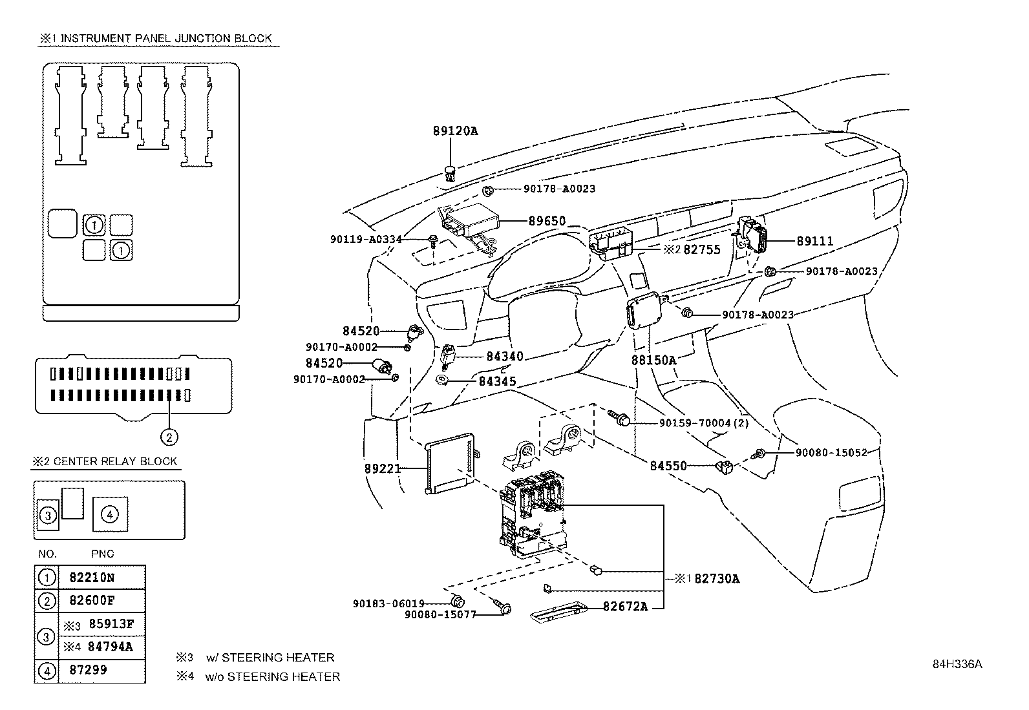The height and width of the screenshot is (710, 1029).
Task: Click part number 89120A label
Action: point(455,131)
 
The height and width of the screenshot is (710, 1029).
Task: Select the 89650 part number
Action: point(547,221)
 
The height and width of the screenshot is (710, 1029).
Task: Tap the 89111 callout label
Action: point(814,241)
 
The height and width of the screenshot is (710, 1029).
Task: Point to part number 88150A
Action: point(653,360)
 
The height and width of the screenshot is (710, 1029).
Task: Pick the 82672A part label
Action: point(625,606)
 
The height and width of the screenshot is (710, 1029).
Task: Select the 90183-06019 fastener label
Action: point(388,603)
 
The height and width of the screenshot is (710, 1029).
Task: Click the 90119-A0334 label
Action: point(366,239)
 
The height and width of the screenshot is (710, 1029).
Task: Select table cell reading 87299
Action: point(88,670)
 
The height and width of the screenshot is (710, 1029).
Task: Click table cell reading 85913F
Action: point(111,624)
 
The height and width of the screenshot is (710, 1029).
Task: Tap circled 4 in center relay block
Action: point(110,514)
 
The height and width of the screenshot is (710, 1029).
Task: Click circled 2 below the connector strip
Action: point(169,437)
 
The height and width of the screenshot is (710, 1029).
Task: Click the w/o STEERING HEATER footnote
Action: point(272,676)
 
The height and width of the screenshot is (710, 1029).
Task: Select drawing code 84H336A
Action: point(957,664)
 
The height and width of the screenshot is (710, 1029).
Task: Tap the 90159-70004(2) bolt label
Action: point(694,423)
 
